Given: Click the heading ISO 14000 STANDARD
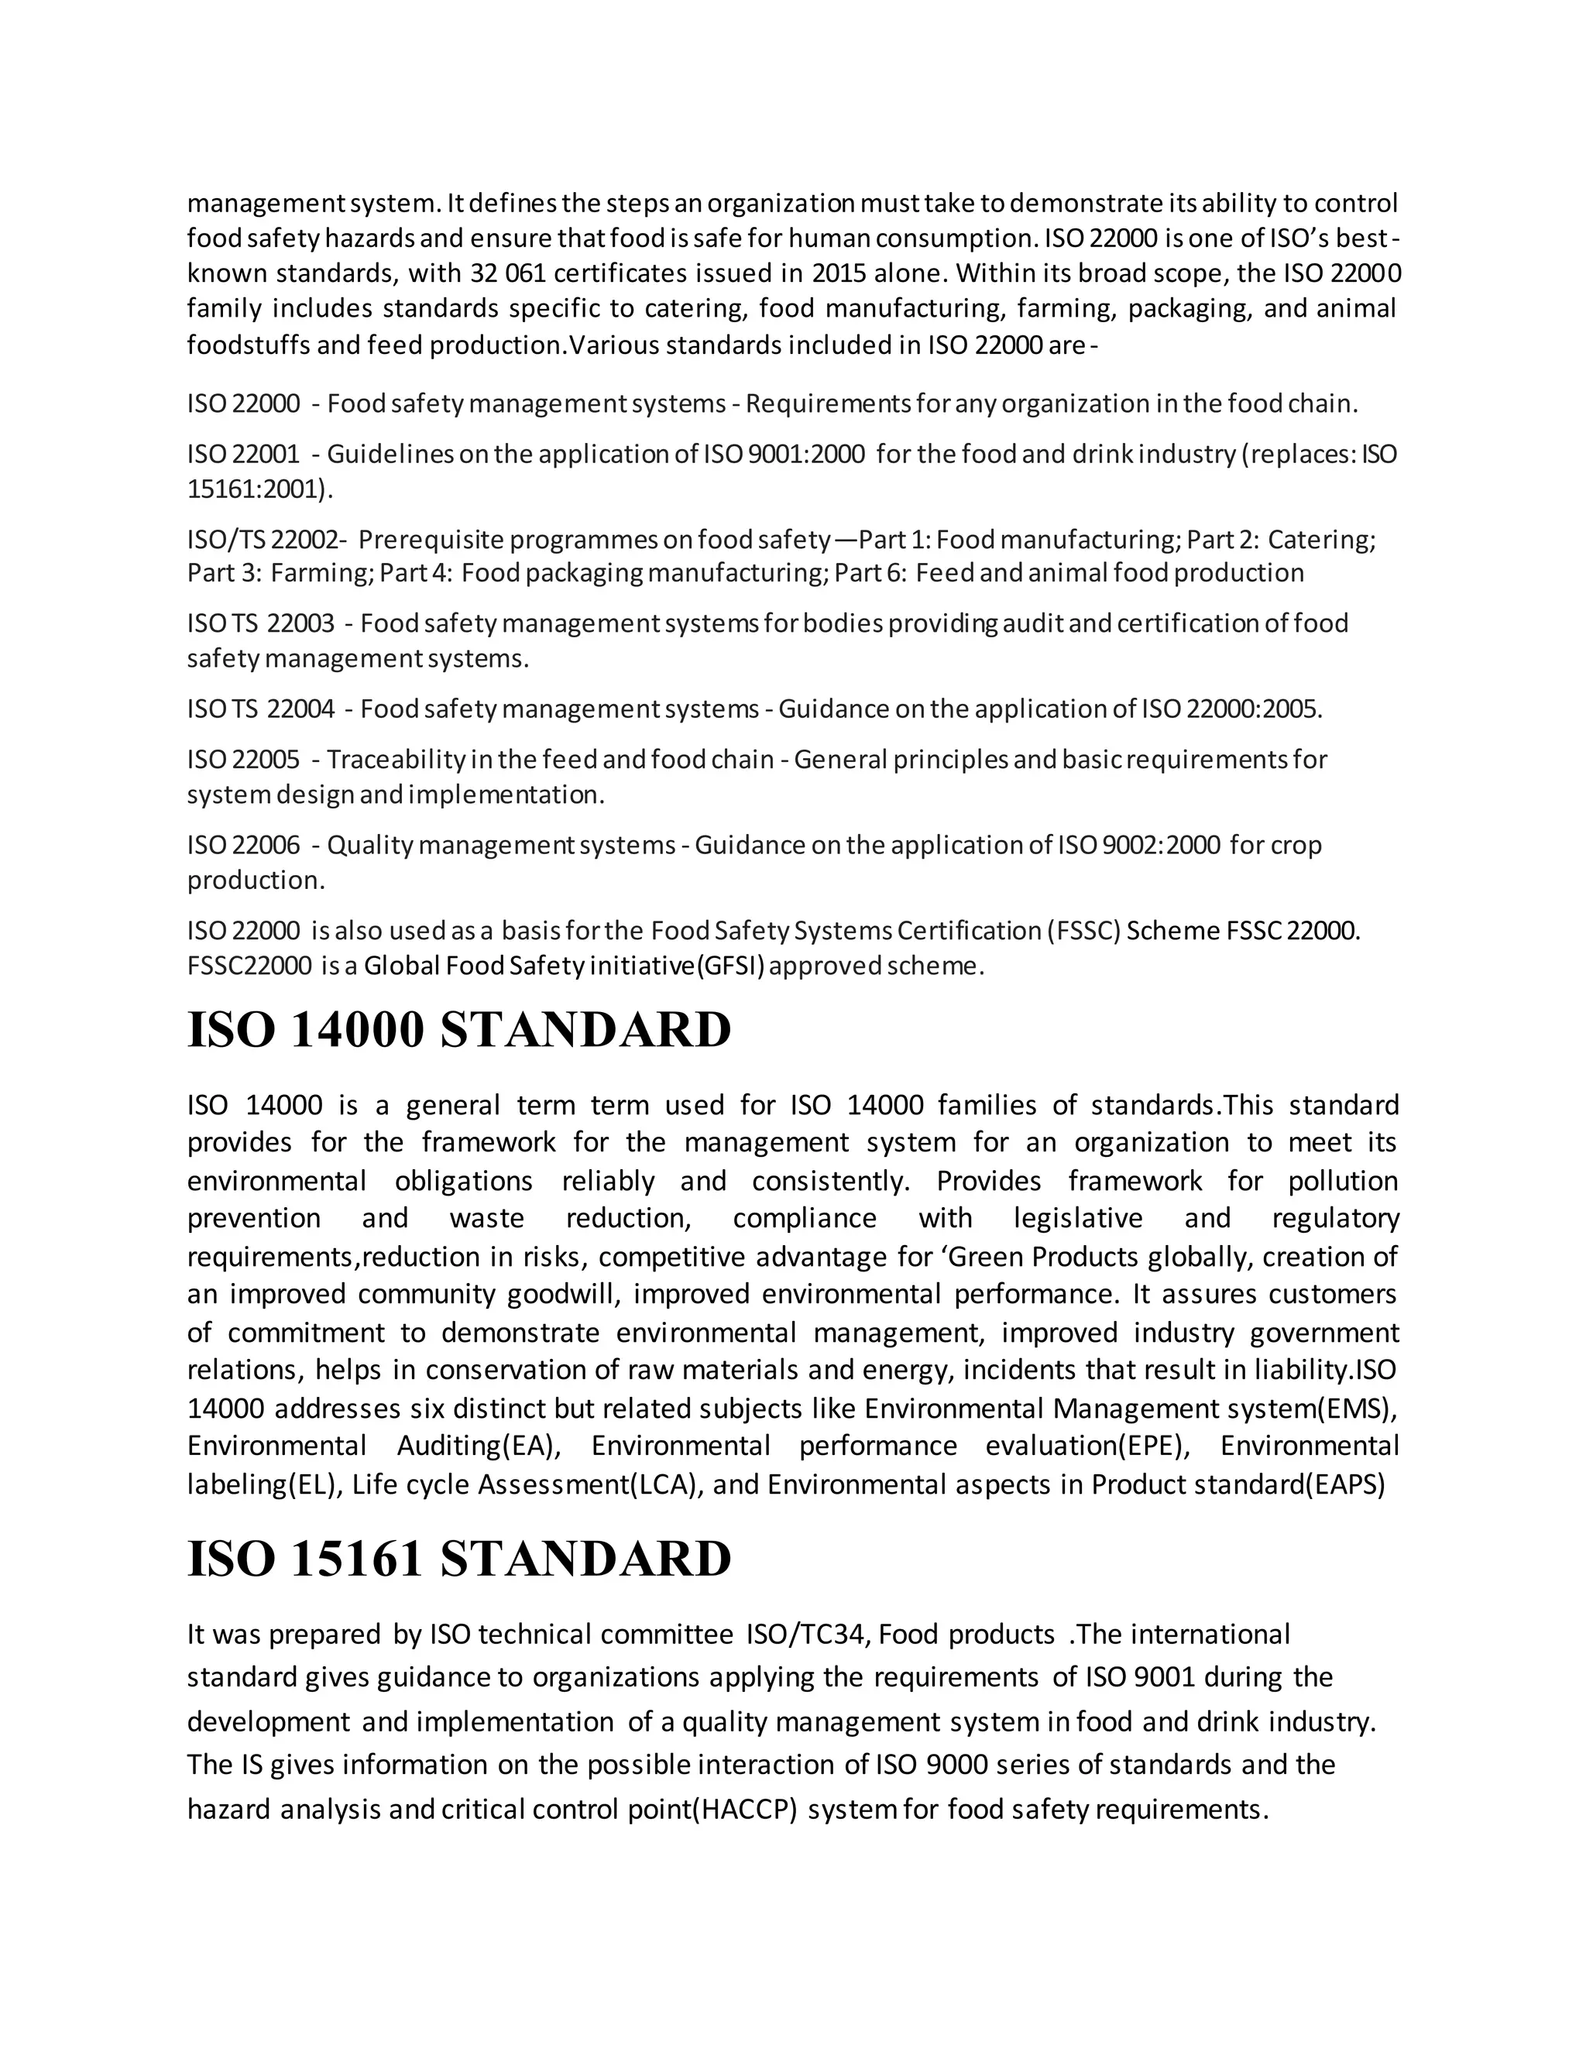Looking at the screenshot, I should pyautogui.click(x=458, y=1030).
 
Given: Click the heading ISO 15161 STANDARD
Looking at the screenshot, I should pyautogui.click(x=458, y=1559).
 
